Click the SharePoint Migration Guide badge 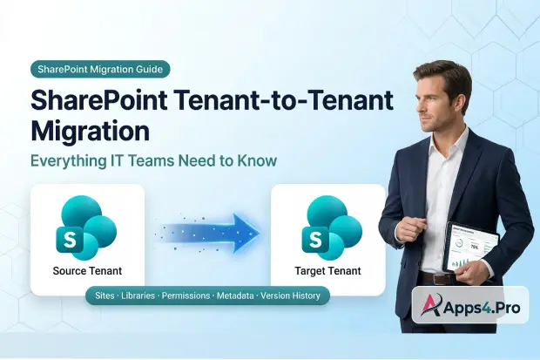100,69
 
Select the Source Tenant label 87,271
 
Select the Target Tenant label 327,271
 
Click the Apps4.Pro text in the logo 483,306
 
